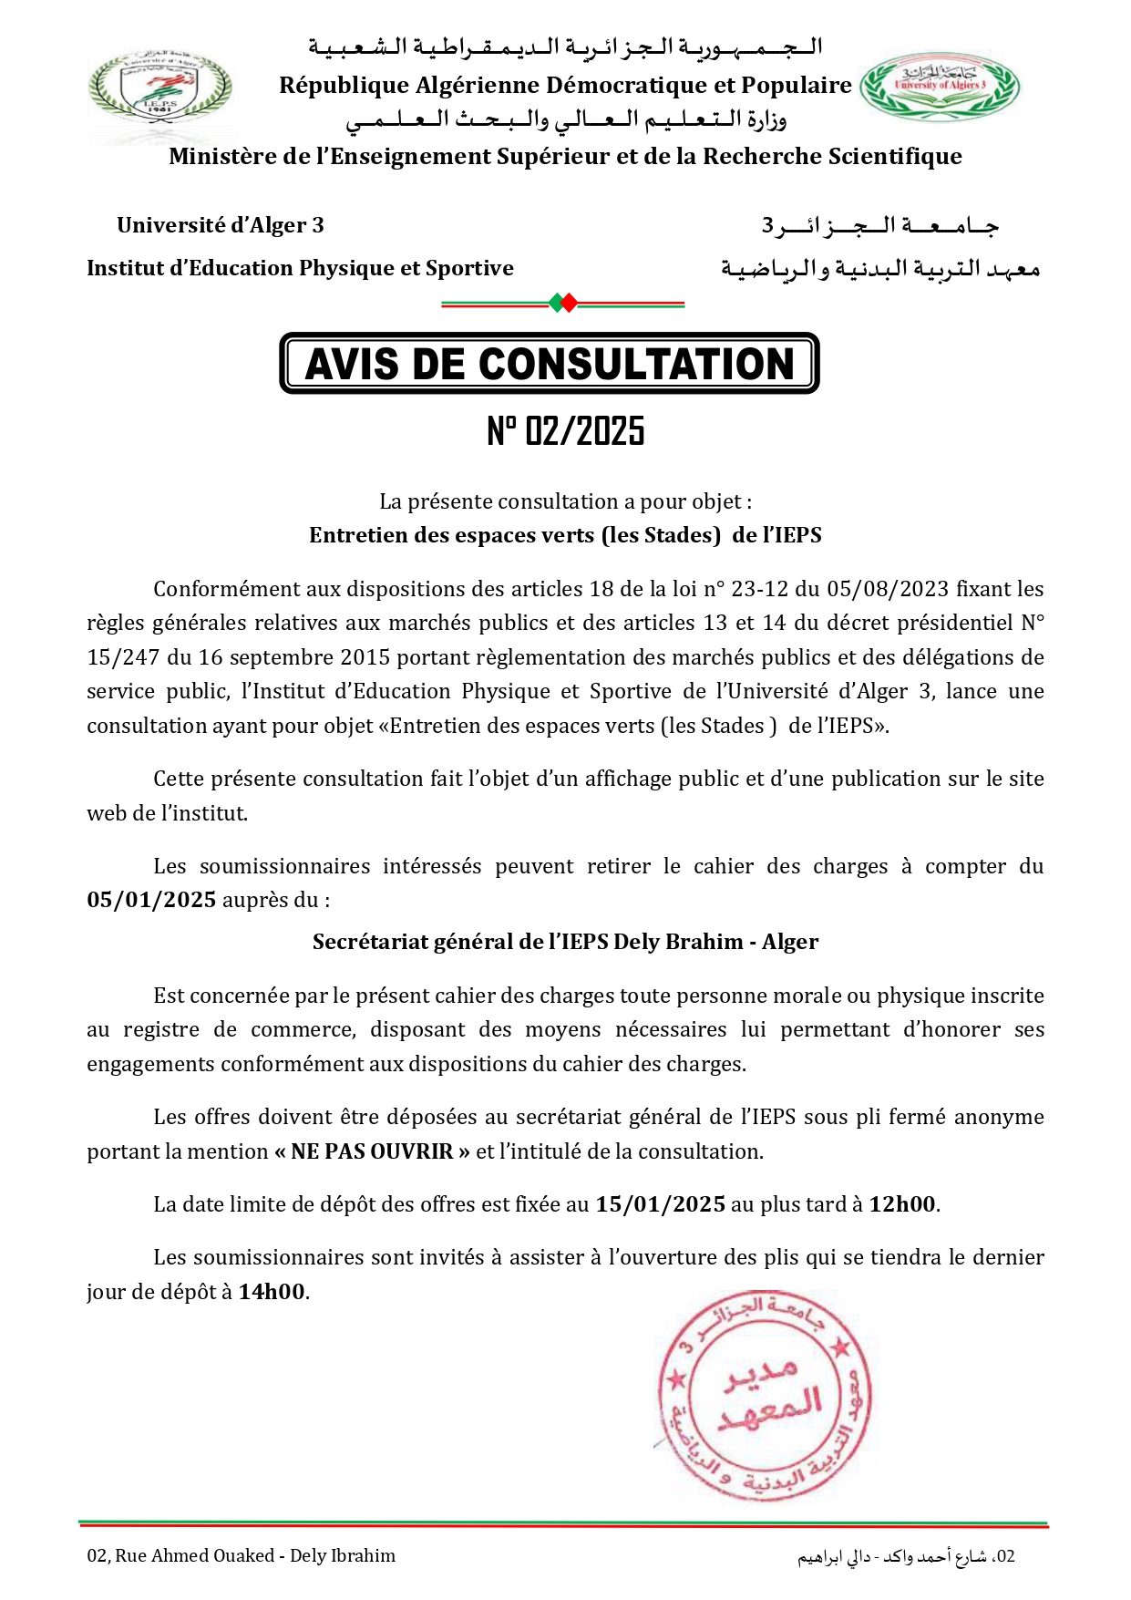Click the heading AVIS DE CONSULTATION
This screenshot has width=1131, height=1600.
click(550, 364)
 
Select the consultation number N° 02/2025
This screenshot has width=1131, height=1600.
click(565, 431)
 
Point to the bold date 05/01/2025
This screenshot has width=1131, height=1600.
click(151, 901)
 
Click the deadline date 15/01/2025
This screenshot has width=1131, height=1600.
click(660, 1205)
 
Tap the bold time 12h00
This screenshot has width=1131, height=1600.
click(901, 1205)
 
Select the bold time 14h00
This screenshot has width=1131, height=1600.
click(272, 1293)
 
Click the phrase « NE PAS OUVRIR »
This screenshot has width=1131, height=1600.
click(372, 1152)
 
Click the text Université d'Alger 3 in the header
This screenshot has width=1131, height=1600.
click(220, 225)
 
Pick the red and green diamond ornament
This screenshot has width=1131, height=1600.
click(562, 304)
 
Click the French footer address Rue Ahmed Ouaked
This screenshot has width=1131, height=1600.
click(241, 1556)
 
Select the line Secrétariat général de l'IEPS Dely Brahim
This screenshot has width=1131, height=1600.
click(565, 943)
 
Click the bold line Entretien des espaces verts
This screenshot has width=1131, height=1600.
click(565, 536)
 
